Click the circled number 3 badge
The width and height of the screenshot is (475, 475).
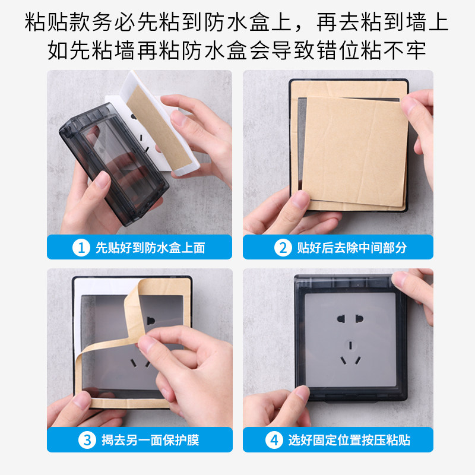(87, 440)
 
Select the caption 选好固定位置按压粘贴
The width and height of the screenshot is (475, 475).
(349, 440)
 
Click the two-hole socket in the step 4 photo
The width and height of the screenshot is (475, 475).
(350, 318)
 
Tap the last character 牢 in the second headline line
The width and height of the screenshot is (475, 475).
(416, 50)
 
